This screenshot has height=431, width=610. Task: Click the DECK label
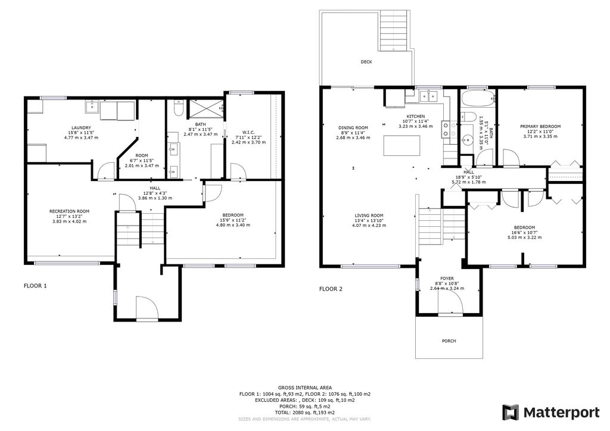pos(366,62)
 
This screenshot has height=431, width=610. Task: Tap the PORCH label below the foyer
pos(449,341)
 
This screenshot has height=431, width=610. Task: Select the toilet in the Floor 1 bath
pos(178,109)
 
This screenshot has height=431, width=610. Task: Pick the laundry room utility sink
pos(94,108)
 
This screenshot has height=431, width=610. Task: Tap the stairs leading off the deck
pos(393,30)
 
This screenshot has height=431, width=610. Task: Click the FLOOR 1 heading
pos(35,286)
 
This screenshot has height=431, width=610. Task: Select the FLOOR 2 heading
pos(331,289)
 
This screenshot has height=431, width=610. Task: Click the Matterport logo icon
pos(511,412)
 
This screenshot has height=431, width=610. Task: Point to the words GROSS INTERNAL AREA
pos(304,388)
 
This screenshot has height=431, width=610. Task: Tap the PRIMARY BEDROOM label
pos(540,126)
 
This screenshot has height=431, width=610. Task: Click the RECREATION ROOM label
pos(69,211)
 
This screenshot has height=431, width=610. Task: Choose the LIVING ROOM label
pos(369,215)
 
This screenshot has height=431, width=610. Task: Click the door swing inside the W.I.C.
pos(237,171)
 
